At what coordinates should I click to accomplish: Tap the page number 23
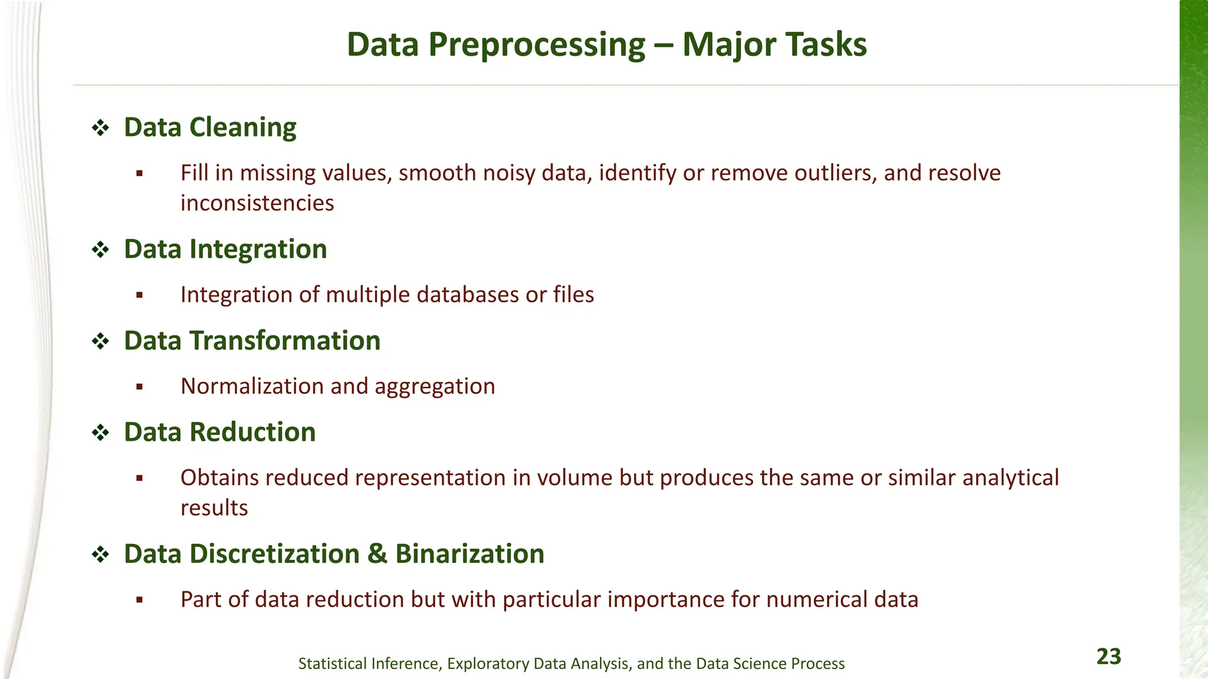[x=1108, y=657]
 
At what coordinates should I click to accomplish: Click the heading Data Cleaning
[x=210, y=127]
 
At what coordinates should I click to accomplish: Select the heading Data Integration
[x=225, y=249]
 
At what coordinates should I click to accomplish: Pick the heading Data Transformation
[x=252, y=341]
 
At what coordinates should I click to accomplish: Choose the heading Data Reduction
[x=219, y=432]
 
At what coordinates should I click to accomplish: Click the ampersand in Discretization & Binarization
[x=377, y=554]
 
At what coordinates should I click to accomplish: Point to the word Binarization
[x=470, y=554]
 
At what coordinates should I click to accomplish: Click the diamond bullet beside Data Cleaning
[x=101, y=128]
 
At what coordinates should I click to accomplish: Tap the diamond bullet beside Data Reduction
[x=101, y=433]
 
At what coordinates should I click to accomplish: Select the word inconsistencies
[x=257, y=203]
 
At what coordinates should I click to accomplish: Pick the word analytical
[x=1010, y=478]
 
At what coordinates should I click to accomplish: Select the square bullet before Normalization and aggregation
[x=139, y=387]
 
